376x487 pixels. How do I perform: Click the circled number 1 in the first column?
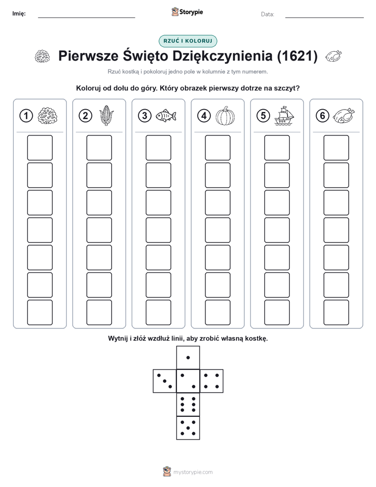click(26, 116)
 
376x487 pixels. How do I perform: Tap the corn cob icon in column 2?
click(106, 115)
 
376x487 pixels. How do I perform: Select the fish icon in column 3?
click(166, 115)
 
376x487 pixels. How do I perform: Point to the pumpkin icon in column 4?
click(225, 116)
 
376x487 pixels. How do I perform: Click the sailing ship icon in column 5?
click(284, 115)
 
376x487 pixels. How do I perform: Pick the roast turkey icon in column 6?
click(343, 115)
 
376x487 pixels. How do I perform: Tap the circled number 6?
click(322, 116)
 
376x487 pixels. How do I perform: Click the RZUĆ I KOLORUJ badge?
click(187, 41)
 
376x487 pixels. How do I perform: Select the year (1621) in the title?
click(297, 56)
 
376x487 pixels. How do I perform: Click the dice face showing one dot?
click(188, 357)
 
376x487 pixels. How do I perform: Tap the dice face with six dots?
click(188, 404)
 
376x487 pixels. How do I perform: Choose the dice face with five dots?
click(188, 427)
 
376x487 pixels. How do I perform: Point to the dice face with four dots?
click(212, 381)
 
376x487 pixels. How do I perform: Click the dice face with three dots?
click(165, 381)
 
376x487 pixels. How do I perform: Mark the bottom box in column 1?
click(39, 312)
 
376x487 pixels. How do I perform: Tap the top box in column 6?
click(336, 148)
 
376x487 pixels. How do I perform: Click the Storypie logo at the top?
click(187, 12)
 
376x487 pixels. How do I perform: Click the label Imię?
click(19, 14)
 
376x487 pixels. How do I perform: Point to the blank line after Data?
click(324, 17)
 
